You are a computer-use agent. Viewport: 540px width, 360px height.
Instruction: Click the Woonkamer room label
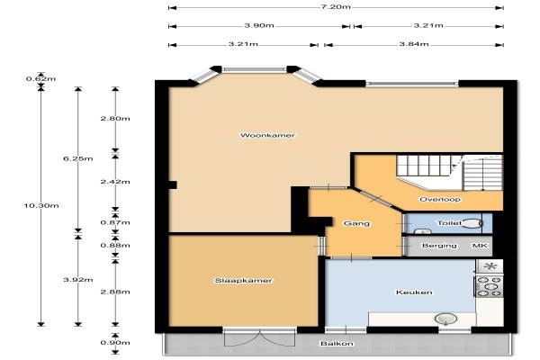(x=267, y=135)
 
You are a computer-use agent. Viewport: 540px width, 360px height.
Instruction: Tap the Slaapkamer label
(x=243, y=281)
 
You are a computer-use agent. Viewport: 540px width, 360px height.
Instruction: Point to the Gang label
(x=356, y=223)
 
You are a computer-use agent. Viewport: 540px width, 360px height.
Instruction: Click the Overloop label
(x=440, y=199)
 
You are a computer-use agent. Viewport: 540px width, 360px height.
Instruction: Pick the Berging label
(x=439, y=246)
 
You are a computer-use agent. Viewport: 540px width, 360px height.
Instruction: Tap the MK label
(x=480, y=246)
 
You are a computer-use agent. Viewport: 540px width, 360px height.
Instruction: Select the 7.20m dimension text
(x=336, y=6)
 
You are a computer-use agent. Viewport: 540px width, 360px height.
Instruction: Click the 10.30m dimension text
(x=41, y=206)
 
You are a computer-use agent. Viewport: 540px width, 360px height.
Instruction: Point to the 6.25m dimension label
(x=78, y=158)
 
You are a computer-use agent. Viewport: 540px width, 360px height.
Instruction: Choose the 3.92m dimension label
(x=78, y=279)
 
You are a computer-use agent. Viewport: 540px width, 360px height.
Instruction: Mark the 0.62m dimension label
(x=41, y=78)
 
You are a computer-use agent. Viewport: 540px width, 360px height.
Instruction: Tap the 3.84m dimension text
(x=414, y=44)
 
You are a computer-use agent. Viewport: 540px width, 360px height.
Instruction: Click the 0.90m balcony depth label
(x=115, y=342)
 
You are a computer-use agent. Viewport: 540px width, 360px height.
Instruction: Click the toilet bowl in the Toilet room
(x=471, y=223)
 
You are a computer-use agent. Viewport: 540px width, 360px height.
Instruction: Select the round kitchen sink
(x=446, y=319)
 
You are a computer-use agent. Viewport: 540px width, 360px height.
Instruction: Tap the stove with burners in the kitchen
(x=490, y=285)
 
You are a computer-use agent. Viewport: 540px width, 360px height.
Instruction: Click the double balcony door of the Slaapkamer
(x=260, y=337)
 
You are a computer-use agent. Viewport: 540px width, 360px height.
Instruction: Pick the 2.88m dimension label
(x=115, y=292)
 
